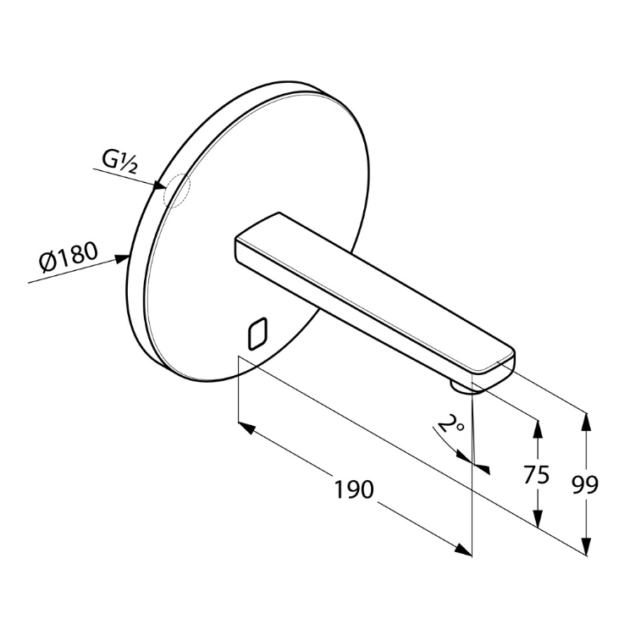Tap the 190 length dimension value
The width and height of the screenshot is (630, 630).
(x=354, y=489)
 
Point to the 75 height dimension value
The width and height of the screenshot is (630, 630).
(x=536, y=474)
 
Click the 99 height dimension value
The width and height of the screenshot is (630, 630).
(x=585, y=485)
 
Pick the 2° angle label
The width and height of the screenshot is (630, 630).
(x=450, y=424)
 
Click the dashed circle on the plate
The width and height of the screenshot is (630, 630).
(x=177, y=191)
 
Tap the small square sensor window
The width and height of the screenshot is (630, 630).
(x=257, y=333)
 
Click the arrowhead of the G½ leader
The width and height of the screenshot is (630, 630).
(x=159, y=185)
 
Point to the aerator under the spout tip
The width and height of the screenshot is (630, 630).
(x=462, y=388)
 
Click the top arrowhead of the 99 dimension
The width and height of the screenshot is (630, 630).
(x=586, y=422)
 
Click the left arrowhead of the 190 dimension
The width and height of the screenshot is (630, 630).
(x=246, y=428)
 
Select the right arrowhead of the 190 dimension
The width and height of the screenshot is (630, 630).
(x=463, y=550)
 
